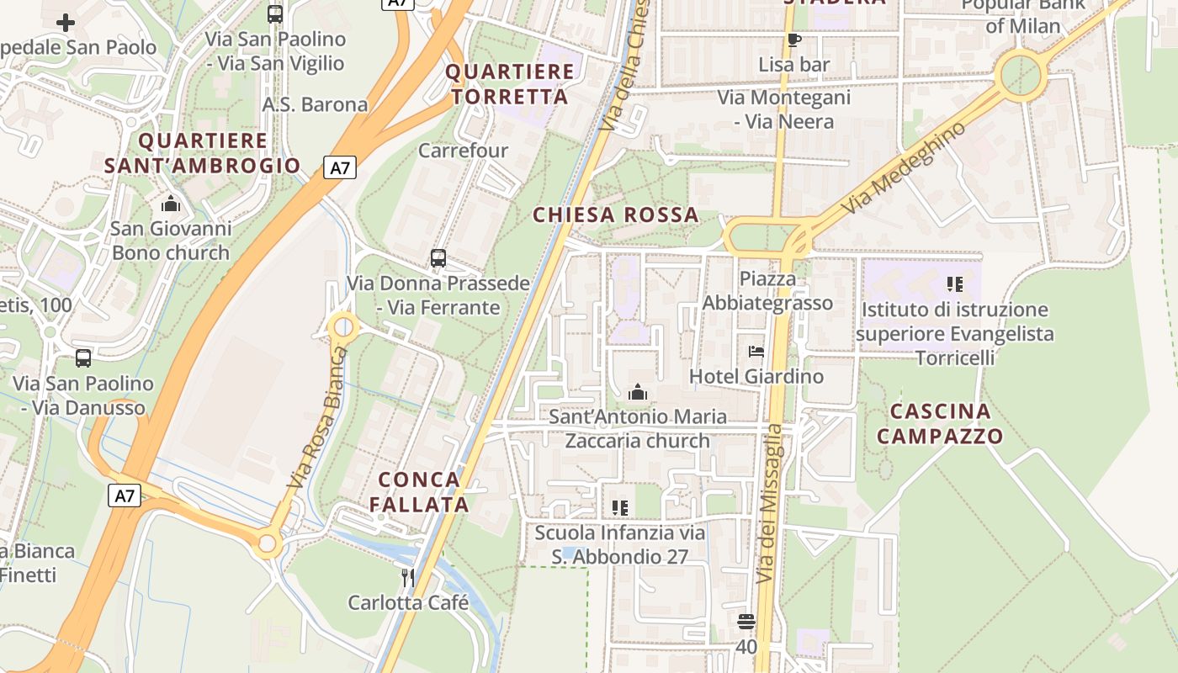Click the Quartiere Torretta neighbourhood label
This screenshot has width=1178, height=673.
point(510,84)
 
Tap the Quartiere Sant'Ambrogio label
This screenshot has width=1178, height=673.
point(203,153)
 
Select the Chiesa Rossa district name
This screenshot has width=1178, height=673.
point(616,215)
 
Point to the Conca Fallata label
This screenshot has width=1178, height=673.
point(420,492)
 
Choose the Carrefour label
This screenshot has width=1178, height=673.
point(464,151)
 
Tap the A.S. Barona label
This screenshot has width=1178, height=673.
point(316,104)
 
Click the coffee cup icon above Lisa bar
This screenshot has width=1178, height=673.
point(793,40)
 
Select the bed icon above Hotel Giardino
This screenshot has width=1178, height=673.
point(756,352)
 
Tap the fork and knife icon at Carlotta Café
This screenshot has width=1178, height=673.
point(408,577)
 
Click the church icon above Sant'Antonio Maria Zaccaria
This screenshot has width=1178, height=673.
point(638,392)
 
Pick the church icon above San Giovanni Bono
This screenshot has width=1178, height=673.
point(171,204)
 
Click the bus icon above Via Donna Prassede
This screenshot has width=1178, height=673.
point(438,258)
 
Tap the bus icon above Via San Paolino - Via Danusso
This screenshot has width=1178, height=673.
point(83,358)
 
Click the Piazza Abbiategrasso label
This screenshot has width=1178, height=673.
point(767,291)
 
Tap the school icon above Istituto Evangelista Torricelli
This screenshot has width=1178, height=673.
point(954,284)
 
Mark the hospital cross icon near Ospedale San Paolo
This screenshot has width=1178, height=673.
point(66,23)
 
